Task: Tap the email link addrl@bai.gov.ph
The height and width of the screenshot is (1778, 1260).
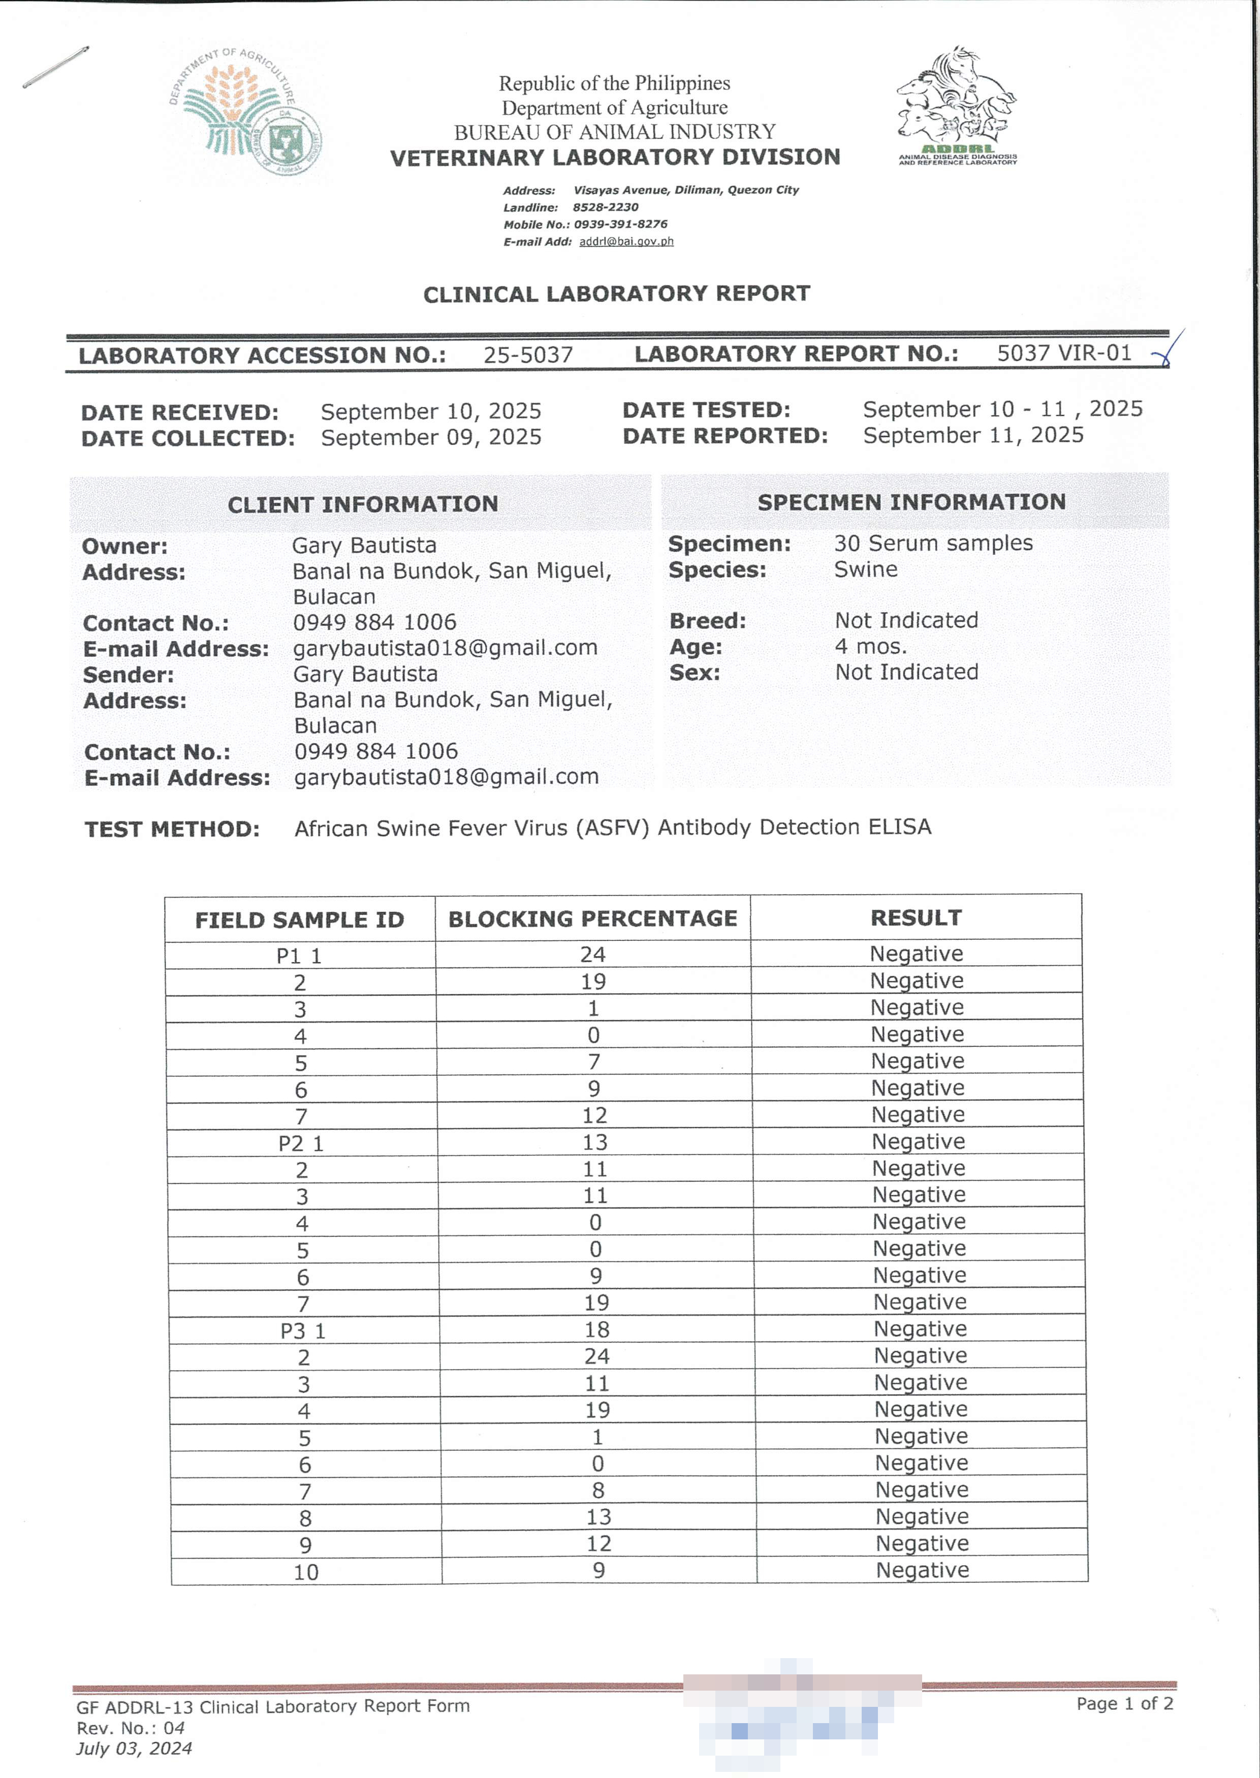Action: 626,241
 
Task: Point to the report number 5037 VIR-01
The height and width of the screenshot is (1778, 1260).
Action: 1064,353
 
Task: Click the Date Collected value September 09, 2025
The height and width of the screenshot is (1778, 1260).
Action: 431,437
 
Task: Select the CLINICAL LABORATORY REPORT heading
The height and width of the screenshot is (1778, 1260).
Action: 616,294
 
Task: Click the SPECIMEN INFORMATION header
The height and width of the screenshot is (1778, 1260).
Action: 911,502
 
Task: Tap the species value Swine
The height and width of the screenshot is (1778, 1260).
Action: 865,569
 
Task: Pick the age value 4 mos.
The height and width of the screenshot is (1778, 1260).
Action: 870,646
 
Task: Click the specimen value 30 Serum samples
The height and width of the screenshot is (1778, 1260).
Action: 933,543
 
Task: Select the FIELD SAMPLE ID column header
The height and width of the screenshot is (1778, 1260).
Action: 299,920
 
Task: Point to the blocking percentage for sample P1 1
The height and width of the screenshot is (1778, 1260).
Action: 593,954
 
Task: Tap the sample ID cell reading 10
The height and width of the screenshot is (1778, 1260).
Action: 306,1572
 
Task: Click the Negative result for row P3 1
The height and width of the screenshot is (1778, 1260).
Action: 920,1329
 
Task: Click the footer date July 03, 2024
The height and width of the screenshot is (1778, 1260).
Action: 134,1748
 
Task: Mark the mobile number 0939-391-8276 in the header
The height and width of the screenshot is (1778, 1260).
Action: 620,224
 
